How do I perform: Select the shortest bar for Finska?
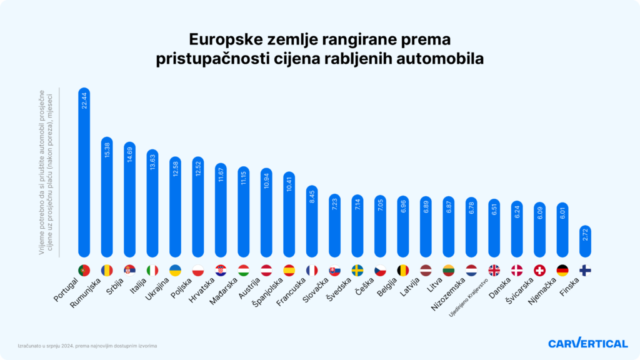tap(585, 241)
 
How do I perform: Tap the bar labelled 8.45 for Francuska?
tap(312, 221)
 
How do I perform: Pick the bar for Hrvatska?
tap(221, 210)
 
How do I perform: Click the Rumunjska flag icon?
tap(106, 271)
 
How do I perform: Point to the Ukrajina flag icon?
tap(175, 271)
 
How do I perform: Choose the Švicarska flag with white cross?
tap(540, 271)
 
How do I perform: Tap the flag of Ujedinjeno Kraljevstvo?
tap(494, 271)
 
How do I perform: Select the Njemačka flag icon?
tap(562, 271)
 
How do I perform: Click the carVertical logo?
tap(587, 343)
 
